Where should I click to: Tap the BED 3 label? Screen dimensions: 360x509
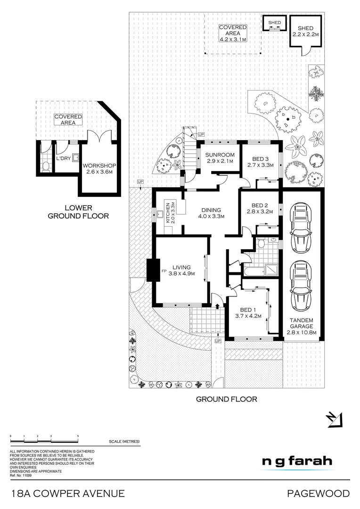(260, 159)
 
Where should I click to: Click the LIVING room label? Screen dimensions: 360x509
(181, 267)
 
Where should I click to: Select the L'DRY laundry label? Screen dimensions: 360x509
(64, 158)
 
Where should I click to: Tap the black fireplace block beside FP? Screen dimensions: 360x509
(151, 271)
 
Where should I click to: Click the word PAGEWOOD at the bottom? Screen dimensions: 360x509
(319, 493)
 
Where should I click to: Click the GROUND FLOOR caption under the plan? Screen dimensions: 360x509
(226, 399)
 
